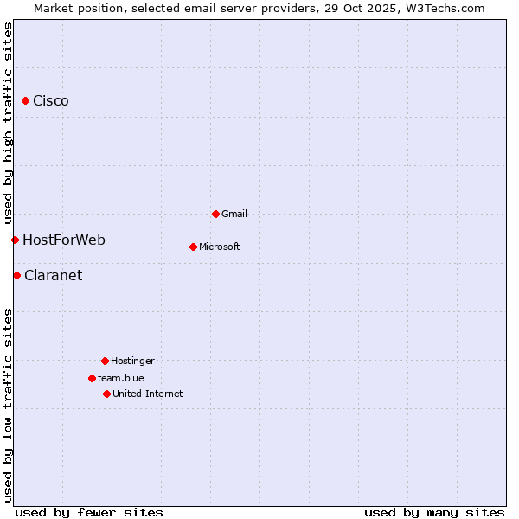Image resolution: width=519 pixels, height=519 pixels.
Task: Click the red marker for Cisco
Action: coord(25,101)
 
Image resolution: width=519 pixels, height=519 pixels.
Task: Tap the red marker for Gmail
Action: coord(215,214)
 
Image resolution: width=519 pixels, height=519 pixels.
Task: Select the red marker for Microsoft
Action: coord(193,247)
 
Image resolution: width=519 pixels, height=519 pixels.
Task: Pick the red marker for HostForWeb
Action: coord(15,240)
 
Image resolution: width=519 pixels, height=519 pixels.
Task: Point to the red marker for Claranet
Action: coord(16,275)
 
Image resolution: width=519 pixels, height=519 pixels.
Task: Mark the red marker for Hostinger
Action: coord(105,361)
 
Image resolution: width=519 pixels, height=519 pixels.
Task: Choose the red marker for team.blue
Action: coord(92,378)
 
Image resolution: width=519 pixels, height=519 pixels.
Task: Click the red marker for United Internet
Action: coord(106,394)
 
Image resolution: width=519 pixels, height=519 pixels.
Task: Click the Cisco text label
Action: coord(51,101)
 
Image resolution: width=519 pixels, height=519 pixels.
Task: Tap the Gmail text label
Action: coord(234,214)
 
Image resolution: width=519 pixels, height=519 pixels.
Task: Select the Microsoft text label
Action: coord(220,247)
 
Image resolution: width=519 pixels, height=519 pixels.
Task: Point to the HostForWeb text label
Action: coord(64,240)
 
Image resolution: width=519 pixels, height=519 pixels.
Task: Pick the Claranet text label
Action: coord(54,275)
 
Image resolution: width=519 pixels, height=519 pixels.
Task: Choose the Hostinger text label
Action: coord(132,361)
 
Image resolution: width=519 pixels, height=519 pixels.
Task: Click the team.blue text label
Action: coord(121,378)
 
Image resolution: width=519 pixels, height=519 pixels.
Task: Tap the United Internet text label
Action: coord(148,394)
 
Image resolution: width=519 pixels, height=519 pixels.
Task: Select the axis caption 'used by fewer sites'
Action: coord(89,512)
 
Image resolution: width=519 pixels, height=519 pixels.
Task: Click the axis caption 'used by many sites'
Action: coord(434,512)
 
